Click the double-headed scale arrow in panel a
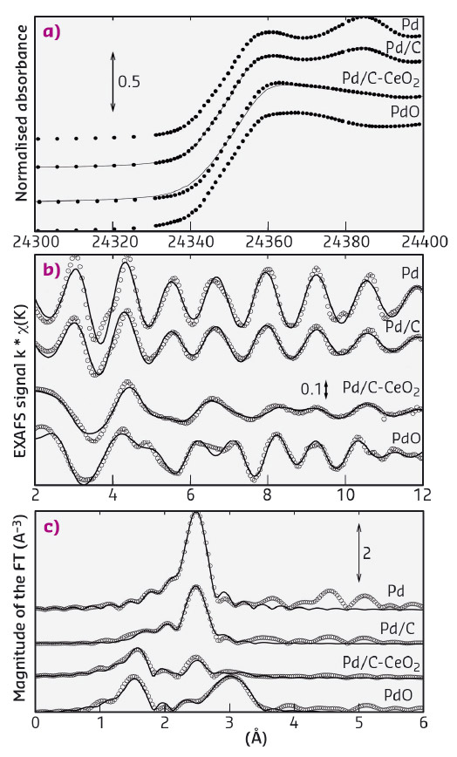(113, 82)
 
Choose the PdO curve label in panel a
(405, 111)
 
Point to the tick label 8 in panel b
(268, 494)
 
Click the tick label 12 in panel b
(421, 494)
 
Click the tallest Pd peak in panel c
(196, 515)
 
